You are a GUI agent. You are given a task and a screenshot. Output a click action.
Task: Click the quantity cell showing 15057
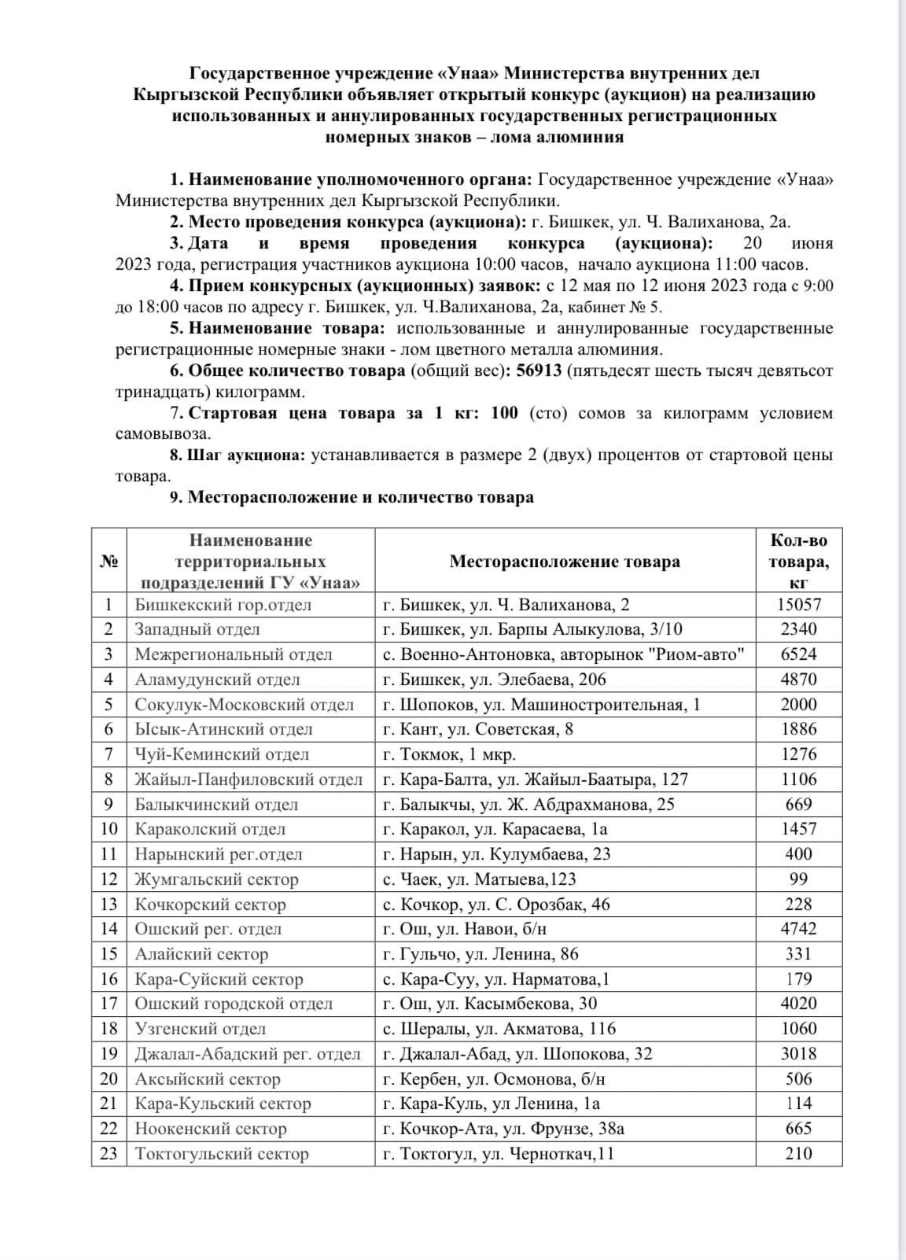[799, 604]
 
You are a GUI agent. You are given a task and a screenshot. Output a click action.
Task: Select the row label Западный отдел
[197, 629]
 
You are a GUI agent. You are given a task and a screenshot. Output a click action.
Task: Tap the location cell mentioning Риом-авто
[563, 654]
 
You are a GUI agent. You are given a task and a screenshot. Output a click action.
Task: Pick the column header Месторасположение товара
[565, 562]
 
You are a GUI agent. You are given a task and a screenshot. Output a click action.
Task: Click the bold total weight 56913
[539, 370]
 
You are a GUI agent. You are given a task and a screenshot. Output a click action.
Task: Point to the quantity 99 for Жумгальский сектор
[799, 879]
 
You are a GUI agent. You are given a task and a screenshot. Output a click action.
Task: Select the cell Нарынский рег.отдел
[219, 853]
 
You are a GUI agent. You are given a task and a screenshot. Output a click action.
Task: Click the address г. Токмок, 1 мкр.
[449, 754]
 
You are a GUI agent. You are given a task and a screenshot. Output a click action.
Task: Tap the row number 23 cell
[109, 1153]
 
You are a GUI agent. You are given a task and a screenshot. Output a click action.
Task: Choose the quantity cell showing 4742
[799, 928]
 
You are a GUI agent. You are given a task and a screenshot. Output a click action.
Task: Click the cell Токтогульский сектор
[222, 1153]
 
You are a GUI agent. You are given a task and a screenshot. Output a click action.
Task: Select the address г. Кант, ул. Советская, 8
[477, 729]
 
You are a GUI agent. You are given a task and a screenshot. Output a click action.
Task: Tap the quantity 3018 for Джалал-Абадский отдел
[799, 1053]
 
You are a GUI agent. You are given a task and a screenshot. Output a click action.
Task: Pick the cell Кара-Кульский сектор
[223, 1103]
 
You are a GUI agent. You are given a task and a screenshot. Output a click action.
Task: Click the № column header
[109, 562]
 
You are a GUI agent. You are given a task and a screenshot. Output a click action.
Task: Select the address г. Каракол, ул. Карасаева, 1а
[495, 829]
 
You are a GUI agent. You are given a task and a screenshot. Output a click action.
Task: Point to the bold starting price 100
[504, 413]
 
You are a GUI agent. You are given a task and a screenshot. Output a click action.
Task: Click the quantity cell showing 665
[799, 1129]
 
